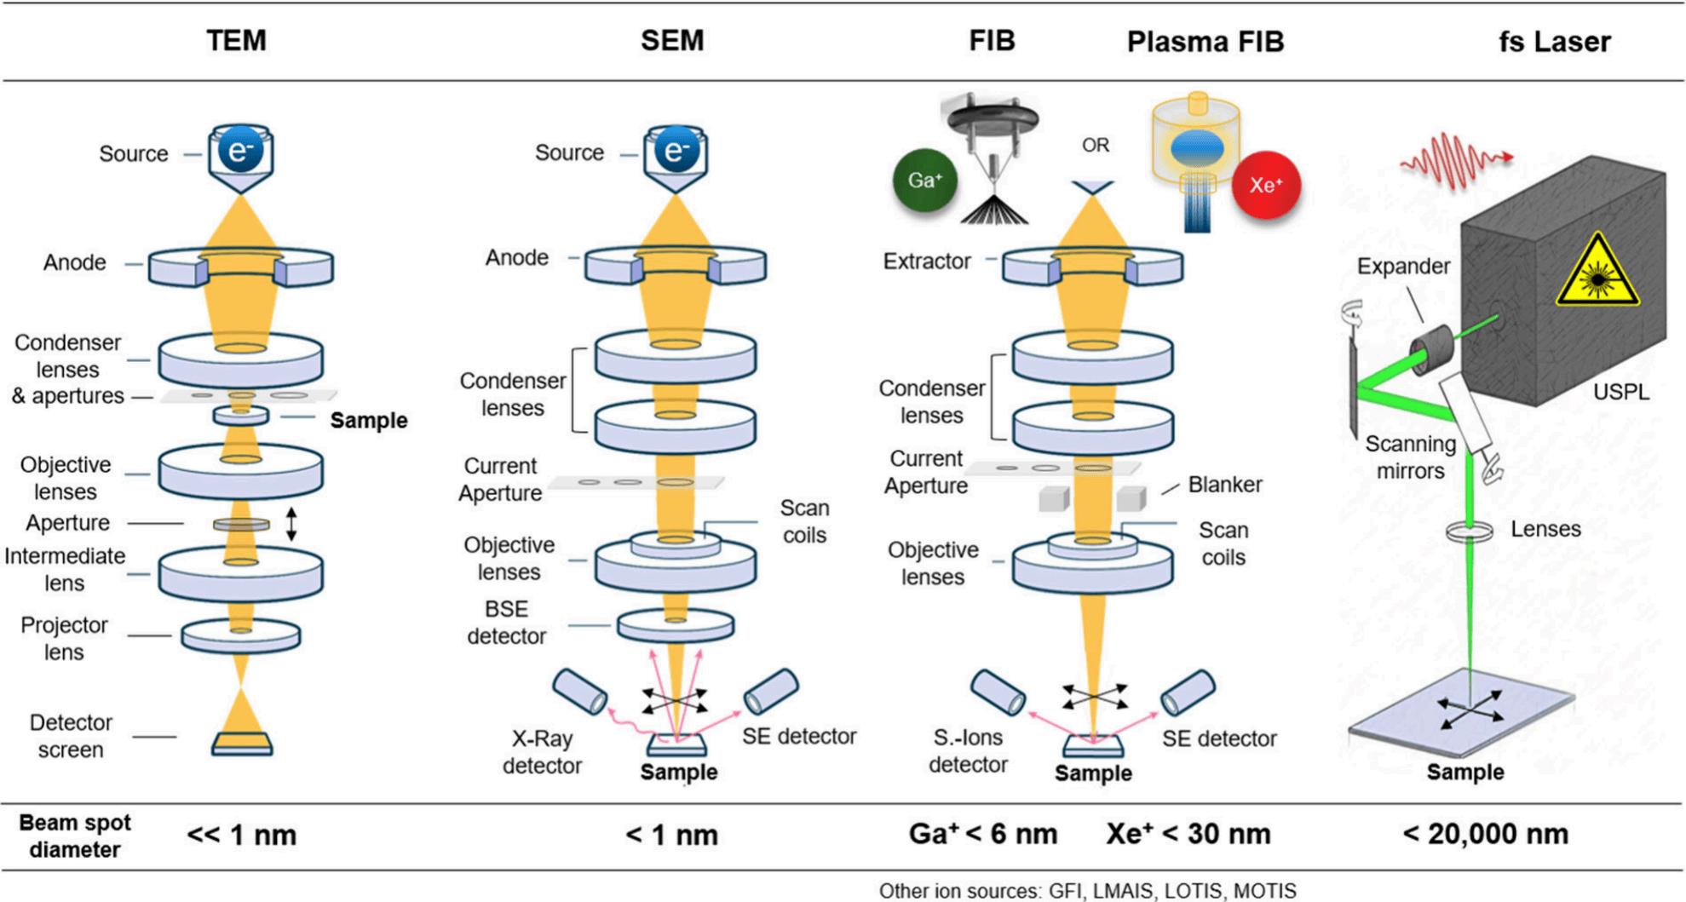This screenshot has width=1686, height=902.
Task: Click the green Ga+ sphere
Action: [x=925, y=181]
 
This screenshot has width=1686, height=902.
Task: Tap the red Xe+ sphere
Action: [x=1266, y=185]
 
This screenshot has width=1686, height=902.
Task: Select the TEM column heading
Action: [x=236, y=41]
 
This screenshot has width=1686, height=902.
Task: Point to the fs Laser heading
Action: [x=1554, y=42]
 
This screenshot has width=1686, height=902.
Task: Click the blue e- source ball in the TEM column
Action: [x=240, y=150]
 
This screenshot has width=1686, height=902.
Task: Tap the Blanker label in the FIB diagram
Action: [x=1224, y=485]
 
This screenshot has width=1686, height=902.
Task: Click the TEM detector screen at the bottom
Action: [x=242, y=744]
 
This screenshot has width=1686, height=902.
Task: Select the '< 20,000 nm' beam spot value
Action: [x=1485, y=834]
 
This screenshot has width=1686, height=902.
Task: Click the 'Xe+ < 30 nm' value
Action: [x=1188, y=834]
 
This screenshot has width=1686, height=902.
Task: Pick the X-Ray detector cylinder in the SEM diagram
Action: [x=579, y=691]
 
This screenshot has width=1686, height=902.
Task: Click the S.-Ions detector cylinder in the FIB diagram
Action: [x=998, y=692]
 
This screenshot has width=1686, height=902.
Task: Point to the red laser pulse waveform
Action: [x=1453, y=160]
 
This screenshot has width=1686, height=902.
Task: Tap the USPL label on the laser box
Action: [x=1620, y=392]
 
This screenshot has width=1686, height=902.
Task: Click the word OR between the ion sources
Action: [x=1095, y=146]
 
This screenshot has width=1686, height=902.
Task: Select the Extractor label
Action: [x=926, y=261]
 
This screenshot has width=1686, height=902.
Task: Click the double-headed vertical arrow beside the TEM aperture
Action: [x=291, y=524]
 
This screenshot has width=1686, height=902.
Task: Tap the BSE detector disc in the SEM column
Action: [x=676, y=626]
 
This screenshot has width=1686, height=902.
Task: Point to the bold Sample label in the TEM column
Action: [x=368, y=420]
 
